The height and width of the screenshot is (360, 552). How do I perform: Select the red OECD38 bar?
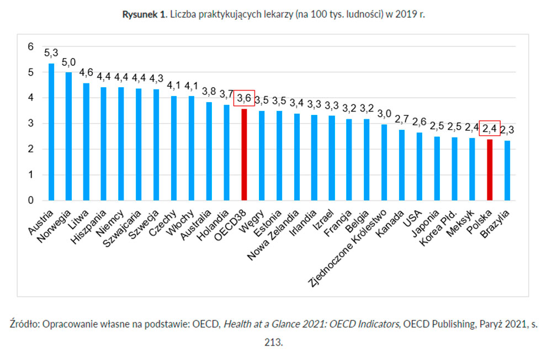coord(244,155)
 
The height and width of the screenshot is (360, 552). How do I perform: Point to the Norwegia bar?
coord(68,136)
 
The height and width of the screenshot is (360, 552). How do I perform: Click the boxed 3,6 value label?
coord(244,98)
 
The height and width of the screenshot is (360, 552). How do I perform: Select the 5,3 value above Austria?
coord(51,54)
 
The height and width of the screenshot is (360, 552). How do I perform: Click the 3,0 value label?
coord(385,113)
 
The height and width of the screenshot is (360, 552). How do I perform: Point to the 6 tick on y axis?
coord(30,47)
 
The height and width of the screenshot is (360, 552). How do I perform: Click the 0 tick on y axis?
coord(30,200)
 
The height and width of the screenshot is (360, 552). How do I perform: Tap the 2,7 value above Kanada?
coord(402,119)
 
